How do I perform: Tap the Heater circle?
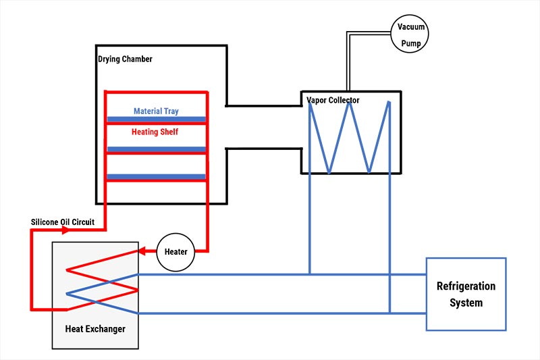tap(175, 252)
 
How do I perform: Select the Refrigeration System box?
tap(466, 294)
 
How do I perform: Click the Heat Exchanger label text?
tap(94, 329)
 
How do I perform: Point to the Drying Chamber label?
tap(126, 59)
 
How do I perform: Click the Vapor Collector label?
tap(333, 101)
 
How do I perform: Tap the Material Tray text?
tap(156, 111)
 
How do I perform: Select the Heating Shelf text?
tap(155, 132)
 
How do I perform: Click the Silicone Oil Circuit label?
tap(67, 222)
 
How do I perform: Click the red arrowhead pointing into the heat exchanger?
tap(143, 252)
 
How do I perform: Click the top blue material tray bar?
tap(156, 120)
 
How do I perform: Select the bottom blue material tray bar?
tap(156, 176)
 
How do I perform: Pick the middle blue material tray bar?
tap(156, 149)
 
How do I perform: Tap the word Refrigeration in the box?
tap(466, 286)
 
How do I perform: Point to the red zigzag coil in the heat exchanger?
tap(101, 279)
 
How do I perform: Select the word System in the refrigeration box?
tap(466, 303)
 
